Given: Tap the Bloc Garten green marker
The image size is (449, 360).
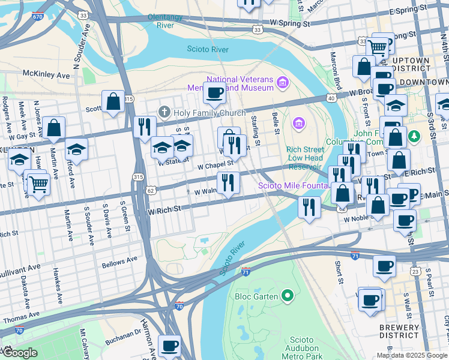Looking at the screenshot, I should [x=288, y=296].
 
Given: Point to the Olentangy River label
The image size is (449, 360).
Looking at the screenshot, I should [x=169, y=21].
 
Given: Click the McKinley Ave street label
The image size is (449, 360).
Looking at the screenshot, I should [x=46, y=75].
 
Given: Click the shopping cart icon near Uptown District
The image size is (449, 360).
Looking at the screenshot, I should [x=378, y=47].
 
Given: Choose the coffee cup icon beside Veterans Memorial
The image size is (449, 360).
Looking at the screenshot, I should [x=214, y=92].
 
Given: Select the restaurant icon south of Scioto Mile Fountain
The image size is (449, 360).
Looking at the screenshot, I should [x=309, y=207].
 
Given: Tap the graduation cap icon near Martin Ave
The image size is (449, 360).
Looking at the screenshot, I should [x=76, y=148].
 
